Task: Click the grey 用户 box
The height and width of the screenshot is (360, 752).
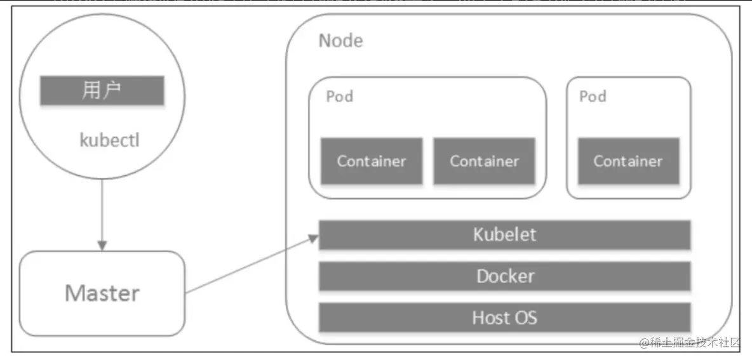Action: [x=102, y=90]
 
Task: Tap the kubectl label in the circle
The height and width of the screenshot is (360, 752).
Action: [x=110, y=141]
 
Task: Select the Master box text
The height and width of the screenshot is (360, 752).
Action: [x=102, y=293]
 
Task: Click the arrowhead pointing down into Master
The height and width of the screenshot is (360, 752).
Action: [x=102, y=245]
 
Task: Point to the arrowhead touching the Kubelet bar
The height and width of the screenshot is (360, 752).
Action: [x=313, y=237]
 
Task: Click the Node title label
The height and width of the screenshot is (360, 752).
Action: [x=340, y=41]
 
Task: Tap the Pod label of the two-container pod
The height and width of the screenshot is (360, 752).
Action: [x=340, y=97]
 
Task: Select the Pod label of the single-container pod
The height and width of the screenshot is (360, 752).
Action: [x=593, y=97]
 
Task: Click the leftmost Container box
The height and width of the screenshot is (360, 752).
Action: [x=372, y=161]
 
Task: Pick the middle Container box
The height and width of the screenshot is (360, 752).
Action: [x=485, y=161]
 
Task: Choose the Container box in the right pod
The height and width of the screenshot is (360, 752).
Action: [x=628, y=161]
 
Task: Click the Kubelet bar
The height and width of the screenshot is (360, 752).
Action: [x=504, y=235]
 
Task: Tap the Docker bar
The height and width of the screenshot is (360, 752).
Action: [x=504, y=276]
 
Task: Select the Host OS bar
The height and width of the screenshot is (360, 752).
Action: [x=504, y=317]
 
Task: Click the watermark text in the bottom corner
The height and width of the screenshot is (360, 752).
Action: [x=690, y=342]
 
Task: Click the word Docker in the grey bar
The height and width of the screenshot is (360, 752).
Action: [x=505, y=276]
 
